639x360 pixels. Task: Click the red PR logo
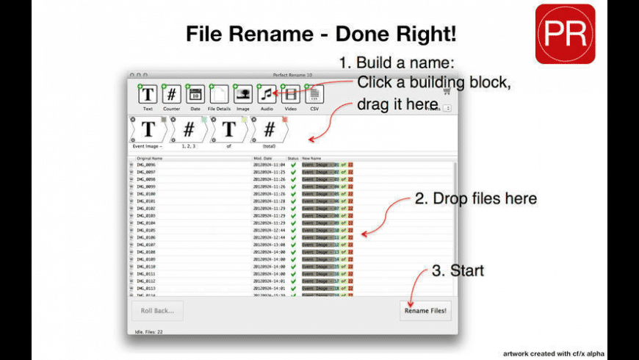[x=565, y=34]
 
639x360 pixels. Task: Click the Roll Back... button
[x=157, y=311]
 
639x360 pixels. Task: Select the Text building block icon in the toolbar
[x=148, y=94]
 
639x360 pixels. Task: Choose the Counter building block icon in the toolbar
[x=171, y=94]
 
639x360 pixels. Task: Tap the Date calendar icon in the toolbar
[x=195, y=94]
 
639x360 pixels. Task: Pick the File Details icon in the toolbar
[x=219, y=94]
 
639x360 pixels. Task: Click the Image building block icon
[x=243, y=94]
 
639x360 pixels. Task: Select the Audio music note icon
[x=267, y=94]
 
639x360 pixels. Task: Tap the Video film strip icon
[x=291, y=94]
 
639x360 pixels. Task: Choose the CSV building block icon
[x=314, y=94]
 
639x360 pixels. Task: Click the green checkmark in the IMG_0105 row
[x=294, y=230]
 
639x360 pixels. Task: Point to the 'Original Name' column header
[x=151, y=158]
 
